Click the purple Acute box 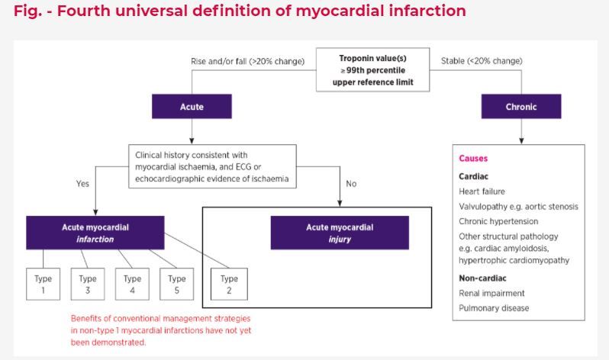pos(192,107)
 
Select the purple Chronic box pos(521,107)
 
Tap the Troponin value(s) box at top pos(373,70)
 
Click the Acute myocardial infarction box pos(95,233)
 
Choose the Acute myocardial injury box pos(340,233)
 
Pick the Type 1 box pos(43,284)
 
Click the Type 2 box pos(229,284)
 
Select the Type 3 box pos(88,284)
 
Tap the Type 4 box pos(132,284)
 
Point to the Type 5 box pos(177,284)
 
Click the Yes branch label pos(82,184)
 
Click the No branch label pos(351,184)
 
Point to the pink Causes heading pos(473,159)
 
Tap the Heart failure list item pos(482,191)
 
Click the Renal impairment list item pos(491,293)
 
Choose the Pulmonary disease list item pos(494,308)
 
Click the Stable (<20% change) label pos(482,61)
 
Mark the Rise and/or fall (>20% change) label pos(248,61)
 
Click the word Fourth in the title pos(82,11)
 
